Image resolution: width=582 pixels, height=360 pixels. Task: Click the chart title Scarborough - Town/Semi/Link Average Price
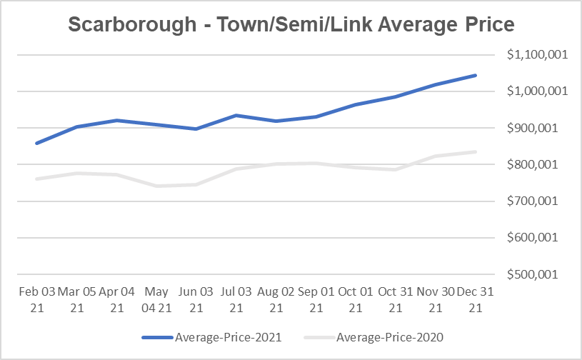coord(291,25)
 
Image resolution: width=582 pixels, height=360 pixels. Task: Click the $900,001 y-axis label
coord(536,128)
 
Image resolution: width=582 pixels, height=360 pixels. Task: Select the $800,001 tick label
coord(536,164)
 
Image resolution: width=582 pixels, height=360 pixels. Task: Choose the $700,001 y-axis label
coord(536,201)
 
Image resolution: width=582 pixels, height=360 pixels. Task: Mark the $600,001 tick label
coord(536,238)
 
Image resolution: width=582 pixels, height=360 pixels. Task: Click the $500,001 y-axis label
coord(536,274)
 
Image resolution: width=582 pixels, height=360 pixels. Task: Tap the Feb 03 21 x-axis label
coord(36,299)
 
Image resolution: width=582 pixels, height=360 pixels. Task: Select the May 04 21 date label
coord(156,299)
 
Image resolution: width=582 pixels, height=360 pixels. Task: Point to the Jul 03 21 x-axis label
coord(236,299)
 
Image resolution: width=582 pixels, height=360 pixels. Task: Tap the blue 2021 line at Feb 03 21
coord(36,143)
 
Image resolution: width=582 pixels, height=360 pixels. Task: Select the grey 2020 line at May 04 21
coord(156,186)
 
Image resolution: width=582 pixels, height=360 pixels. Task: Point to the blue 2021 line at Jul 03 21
coord(236,115)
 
